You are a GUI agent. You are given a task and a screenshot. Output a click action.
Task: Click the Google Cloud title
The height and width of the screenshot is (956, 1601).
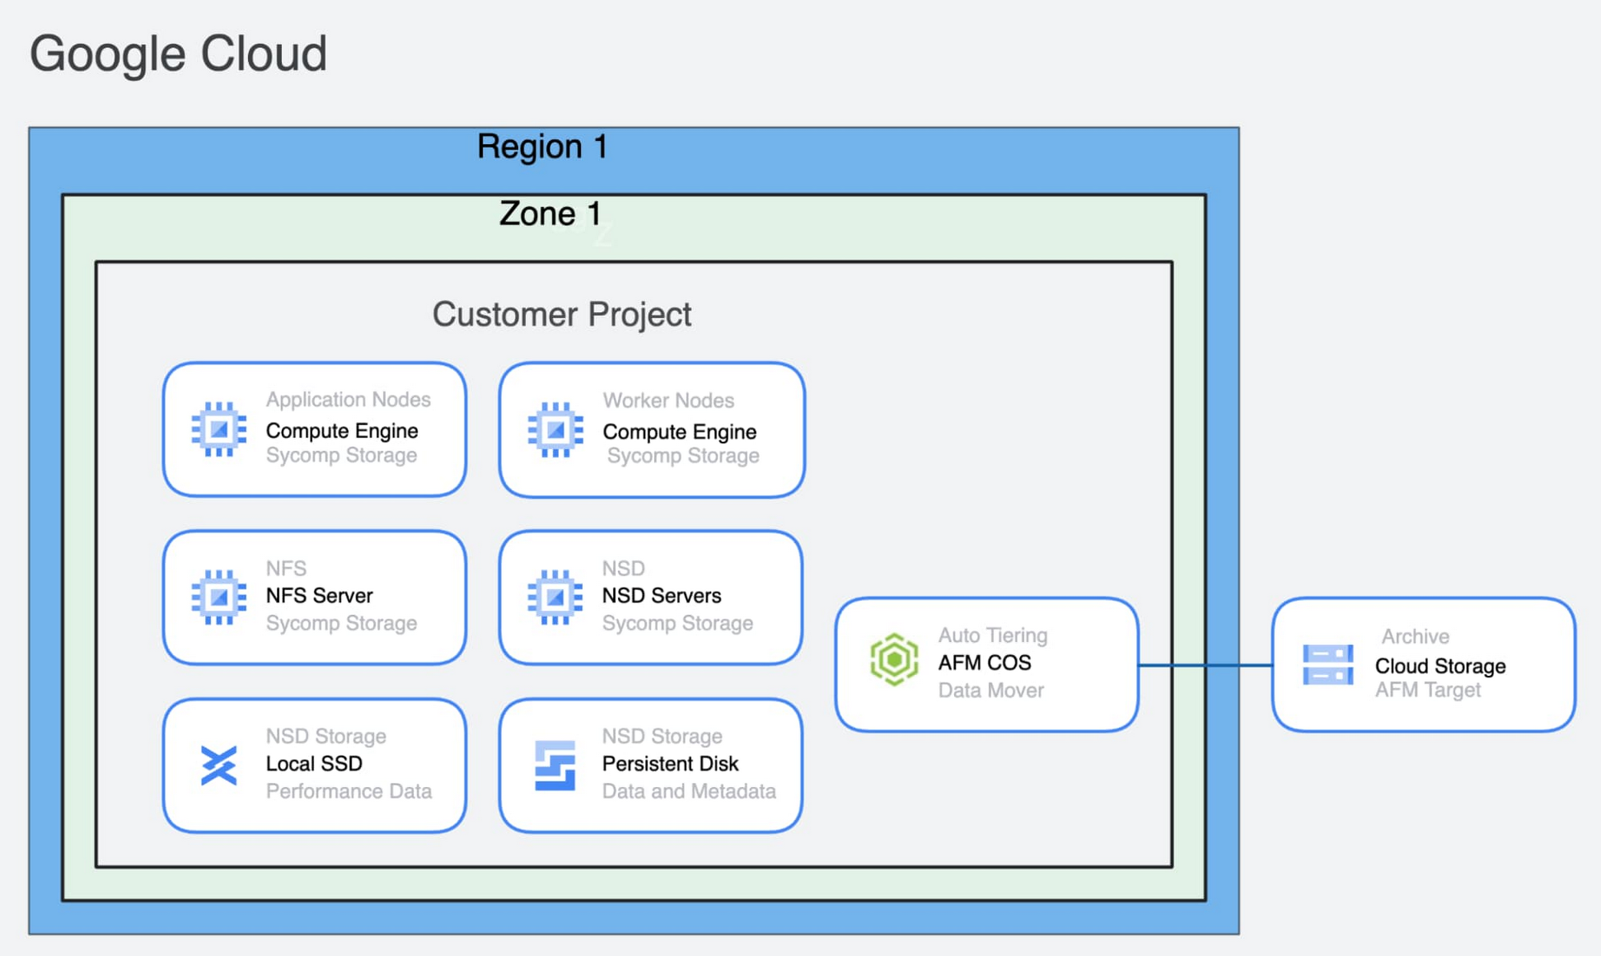(x=178, y=54)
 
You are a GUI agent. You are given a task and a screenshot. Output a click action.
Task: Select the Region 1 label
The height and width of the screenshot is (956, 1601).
(x=542, y=147)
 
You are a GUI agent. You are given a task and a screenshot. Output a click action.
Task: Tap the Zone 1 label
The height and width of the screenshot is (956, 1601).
(x=550, y=214)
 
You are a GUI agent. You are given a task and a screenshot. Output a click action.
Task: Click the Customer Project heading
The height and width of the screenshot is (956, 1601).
(x=561, y=314)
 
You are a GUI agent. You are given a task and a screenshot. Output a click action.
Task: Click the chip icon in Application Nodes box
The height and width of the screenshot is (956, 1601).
(x=219, y=429)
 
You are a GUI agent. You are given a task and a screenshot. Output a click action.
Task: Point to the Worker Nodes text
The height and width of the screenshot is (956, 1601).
(x=668, y=400)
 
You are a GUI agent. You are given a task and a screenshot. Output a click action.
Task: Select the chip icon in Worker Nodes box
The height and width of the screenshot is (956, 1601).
(x=556, y=430)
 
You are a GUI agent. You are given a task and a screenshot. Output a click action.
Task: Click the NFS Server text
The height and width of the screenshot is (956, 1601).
(x=319, y=596)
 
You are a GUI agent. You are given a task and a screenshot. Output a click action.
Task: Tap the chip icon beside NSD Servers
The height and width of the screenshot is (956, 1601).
(x=556, y=597)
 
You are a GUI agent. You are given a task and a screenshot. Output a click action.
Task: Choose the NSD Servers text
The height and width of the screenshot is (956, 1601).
(x=661, y=596)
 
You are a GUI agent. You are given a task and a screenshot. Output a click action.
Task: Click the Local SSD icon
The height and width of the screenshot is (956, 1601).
(x=219, y=765)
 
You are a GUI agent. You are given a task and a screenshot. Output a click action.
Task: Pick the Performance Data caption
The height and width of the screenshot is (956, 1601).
(x=348, y=791)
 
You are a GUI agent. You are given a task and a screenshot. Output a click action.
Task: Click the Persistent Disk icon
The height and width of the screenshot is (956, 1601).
(x=555, y=765)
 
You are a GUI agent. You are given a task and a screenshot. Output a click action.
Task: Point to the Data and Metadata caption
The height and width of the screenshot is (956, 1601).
(x=688, y=791)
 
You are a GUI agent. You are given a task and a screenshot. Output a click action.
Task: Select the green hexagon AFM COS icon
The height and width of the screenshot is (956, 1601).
(x=894, y=660)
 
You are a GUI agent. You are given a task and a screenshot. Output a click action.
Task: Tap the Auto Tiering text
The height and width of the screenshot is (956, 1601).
(x=993, y=636)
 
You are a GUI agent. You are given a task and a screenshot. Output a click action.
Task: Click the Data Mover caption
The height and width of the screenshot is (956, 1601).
(x=991, y=690)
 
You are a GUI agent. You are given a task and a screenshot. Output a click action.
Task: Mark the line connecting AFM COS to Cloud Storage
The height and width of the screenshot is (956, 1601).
(x=1205, y=665)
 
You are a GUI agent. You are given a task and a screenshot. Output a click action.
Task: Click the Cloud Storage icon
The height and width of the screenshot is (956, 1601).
(x=1328, y=665)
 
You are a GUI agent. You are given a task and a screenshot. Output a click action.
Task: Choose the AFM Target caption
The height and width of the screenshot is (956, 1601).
(x=1427, y=690)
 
